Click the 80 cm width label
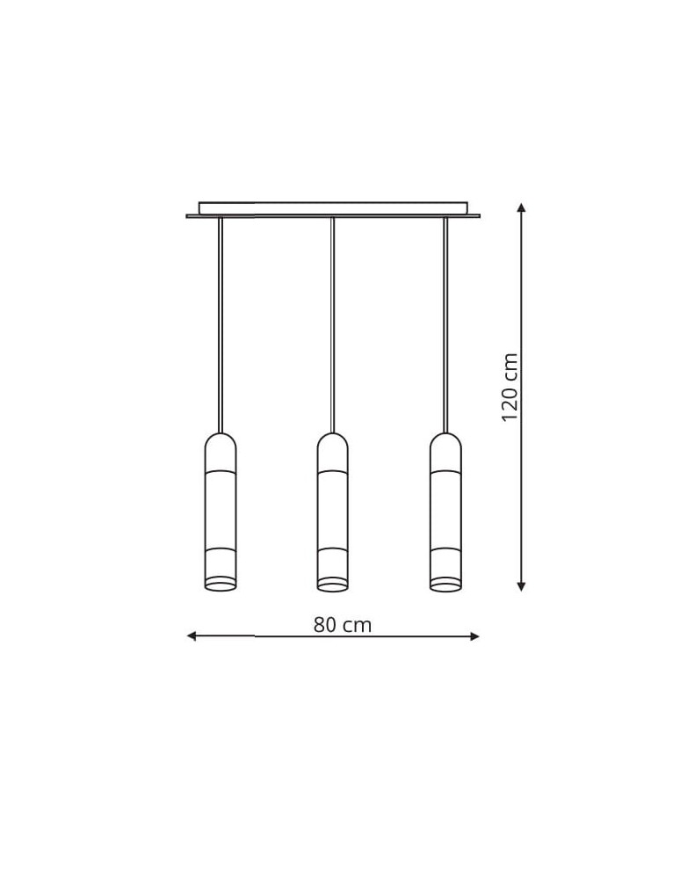click(343, 624)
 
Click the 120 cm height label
click(510, 388)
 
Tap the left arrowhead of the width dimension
click(191, 636)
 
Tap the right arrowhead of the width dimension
click(475, 636)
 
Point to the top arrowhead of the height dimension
click(522, 207)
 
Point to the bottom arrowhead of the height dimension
click(522, 586)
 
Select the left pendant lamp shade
click(221, 512)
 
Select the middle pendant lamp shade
click(333, 512)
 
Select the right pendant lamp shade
click(445, 512)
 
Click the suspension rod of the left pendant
click(221, 325)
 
